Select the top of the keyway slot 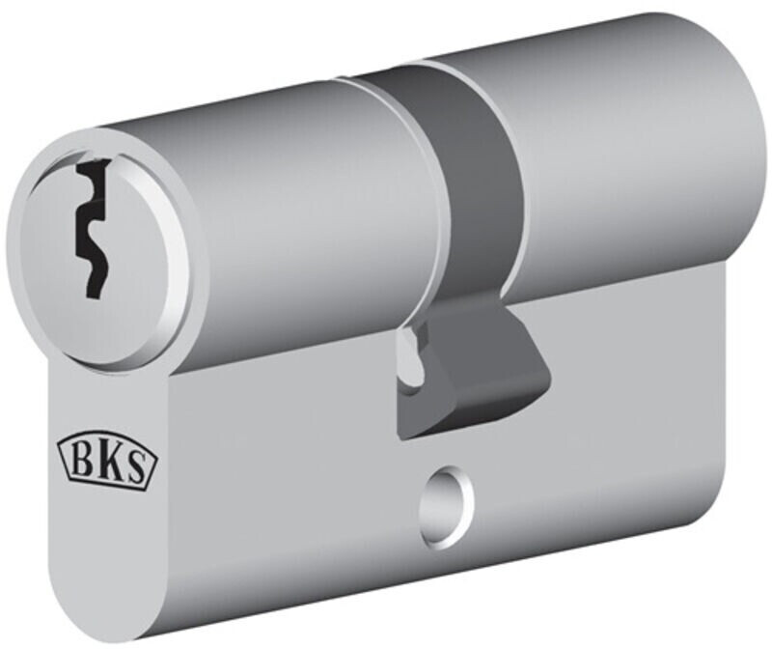(x=89, y=170)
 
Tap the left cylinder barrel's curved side (x=289, y=193)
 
